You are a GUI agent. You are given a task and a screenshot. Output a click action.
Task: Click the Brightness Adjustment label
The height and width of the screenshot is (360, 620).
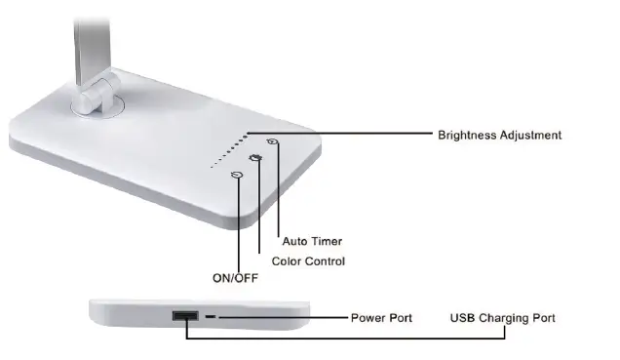pos(499,135)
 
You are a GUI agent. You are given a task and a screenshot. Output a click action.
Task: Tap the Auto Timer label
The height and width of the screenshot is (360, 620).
pos(312,241)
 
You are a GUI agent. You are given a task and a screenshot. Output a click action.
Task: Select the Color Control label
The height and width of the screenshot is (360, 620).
pos(308,261)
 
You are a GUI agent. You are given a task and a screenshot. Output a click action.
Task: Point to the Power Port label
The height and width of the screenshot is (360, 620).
pos(380,318)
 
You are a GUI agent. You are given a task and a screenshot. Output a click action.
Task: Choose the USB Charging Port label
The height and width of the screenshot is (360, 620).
pos(502,318)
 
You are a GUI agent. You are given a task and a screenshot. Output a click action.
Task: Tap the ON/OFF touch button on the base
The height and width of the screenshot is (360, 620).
pos(236,175)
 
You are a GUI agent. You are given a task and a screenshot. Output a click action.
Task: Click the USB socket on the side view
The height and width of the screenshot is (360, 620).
pos(183,316)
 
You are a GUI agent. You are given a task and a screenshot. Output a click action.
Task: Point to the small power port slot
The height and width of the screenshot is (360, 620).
pos(212,317)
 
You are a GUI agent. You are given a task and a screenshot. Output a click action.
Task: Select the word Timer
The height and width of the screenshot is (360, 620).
pos(327,241)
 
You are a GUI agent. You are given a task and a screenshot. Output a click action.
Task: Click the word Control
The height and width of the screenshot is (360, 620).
pos(326,261)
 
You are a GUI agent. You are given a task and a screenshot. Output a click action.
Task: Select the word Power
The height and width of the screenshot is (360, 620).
pos(366,318)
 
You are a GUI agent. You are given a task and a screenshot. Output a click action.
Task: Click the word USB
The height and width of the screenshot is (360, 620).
pos(462,318)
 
